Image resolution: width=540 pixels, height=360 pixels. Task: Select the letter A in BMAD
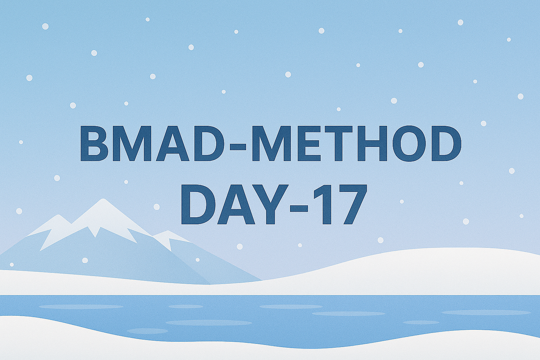[173, 143]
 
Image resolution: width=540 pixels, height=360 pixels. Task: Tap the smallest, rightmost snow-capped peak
[169, 238]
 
